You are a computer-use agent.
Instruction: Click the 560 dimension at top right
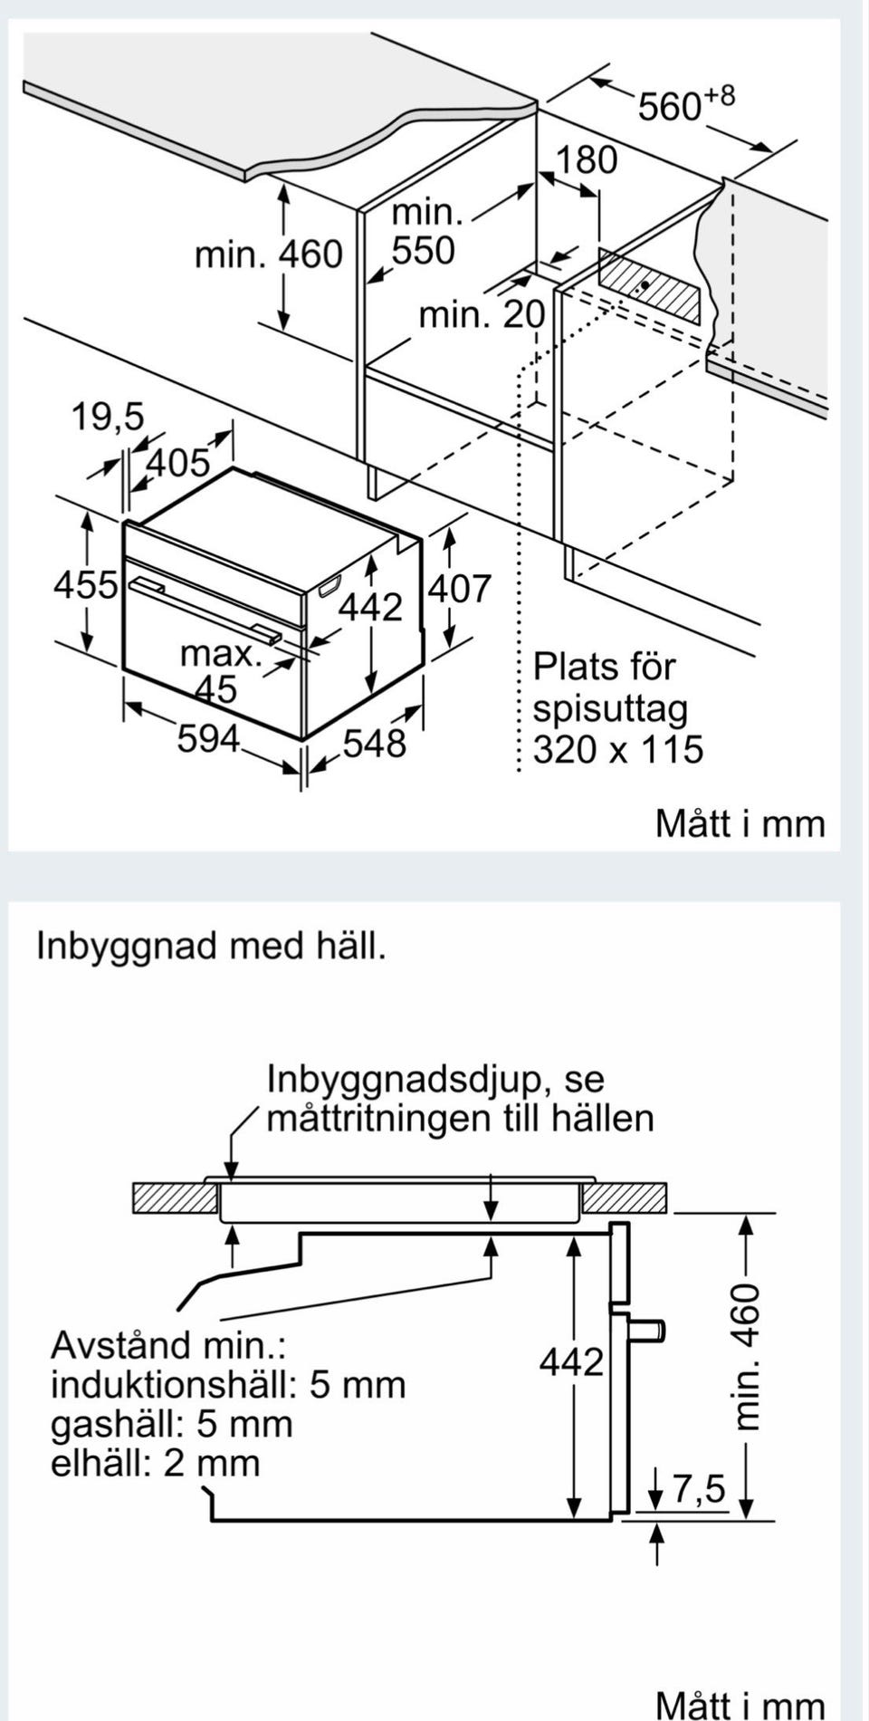point(684,104)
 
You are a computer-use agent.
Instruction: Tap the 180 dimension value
point(586,160)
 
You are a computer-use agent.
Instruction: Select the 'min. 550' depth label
point(425,232)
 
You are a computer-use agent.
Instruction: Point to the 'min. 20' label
point(482,315)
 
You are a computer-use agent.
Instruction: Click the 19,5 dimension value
point(108,418)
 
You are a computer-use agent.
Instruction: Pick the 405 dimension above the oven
point(177,464)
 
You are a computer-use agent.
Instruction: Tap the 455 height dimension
point(85,585)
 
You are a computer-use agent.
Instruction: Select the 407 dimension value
point(459,590)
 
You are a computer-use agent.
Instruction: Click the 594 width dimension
point(208,739)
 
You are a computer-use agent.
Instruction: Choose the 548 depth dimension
point(375,744)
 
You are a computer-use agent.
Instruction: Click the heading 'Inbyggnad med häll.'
point(211,947)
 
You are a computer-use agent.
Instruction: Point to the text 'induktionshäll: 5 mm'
point(228,1384)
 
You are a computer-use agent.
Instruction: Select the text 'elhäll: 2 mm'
point(155,1463)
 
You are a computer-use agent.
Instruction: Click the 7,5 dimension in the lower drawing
point(698,1488)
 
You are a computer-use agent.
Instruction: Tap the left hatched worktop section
point(175,1198)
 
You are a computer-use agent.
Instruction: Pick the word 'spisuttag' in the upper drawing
point(610,708)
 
